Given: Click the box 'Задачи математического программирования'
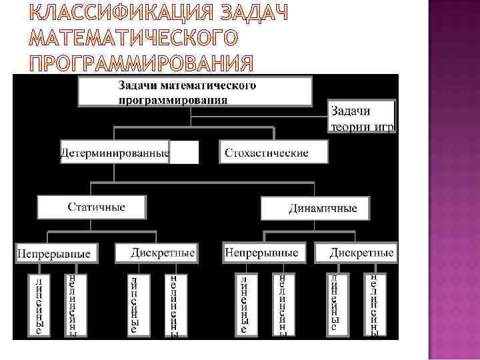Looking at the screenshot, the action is (x=195, y=92).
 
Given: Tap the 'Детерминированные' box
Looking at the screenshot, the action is (x=115, y=153).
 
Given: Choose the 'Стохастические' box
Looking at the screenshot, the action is (x=273, y=153).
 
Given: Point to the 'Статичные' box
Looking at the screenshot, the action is (x=91, y=207).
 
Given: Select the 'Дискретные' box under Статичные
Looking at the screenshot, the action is (x=156, y=253).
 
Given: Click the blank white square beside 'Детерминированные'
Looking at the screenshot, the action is (x=184, y=153).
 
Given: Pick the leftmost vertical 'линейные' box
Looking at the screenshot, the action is (x=39, y=304).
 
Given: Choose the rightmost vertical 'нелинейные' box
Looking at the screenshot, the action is (x=375, y=304).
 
